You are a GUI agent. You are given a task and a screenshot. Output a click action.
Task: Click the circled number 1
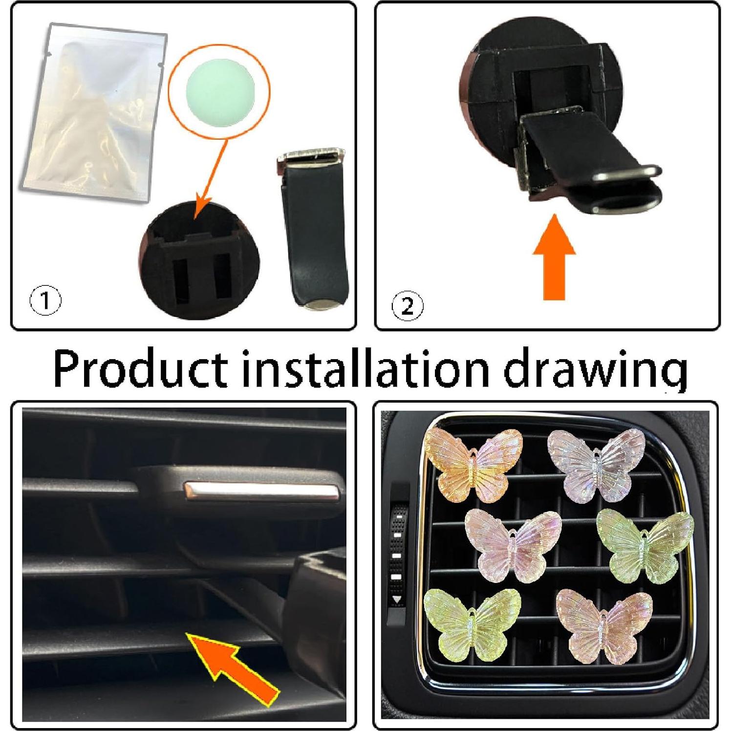45,300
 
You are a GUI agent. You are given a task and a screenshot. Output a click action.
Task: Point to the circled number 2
408,306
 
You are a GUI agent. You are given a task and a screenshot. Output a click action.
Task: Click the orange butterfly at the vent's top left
473,464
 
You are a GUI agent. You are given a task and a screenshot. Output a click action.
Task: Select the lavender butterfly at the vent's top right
597,464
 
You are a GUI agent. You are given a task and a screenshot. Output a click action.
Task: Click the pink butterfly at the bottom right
604,625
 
